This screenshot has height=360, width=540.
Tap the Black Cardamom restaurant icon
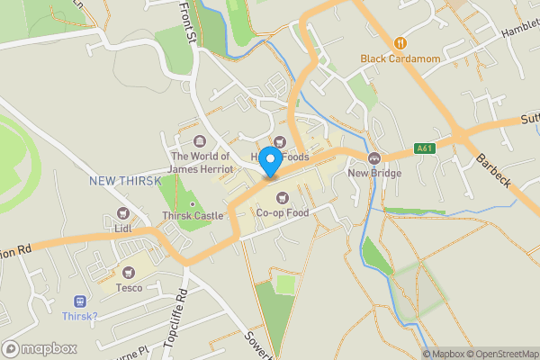399,42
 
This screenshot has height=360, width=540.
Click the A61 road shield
425,148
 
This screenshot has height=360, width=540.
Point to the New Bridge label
373,172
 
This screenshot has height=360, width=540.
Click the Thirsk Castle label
192,216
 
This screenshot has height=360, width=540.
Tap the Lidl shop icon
122,214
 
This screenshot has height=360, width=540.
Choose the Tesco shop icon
129,272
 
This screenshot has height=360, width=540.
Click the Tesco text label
129,288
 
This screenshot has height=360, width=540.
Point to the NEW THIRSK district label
125,181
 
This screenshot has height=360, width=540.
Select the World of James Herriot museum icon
200,141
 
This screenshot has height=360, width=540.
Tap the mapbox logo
40,348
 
